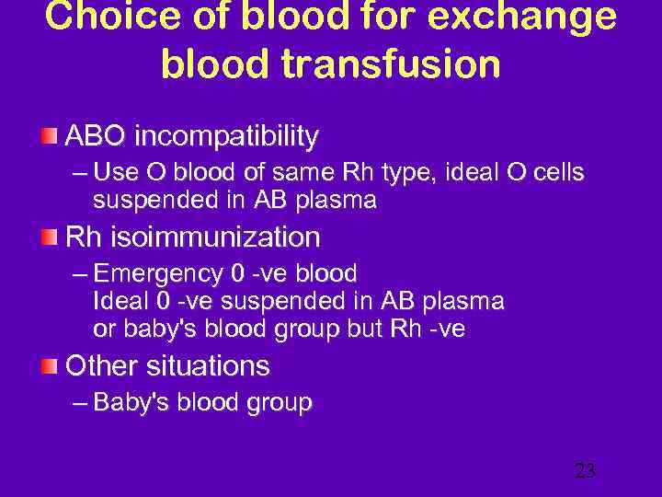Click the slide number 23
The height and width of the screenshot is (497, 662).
pos(585,471)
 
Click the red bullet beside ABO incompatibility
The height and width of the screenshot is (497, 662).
pos(49,137)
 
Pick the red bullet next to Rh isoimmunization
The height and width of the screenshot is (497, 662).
pos(49,237)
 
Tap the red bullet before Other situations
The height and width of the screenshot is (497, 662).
pos(49,366)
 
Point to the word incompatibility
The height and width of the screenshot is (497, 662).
pos(226,137)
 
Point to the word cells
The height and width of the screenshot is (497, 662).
pos(558,173)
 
